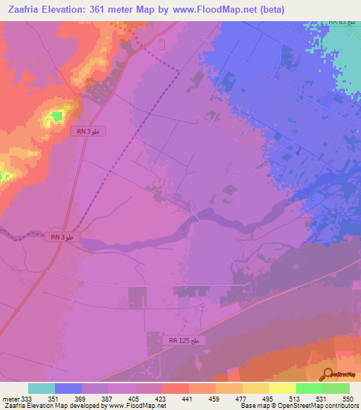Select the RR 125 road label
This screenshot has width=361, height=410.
click(x=186, y=341)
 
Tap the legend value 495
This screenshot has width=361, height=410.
click(x=267, y=398)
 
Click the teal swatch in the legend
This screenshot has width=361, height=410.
click(x=41, y=388)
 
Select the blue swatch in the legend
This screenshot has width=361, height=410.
click(x=68, y=388)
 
